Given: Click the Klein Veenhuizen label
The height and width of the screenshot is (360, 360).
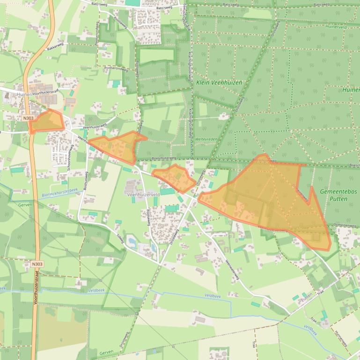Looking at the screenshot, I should click(219, 82).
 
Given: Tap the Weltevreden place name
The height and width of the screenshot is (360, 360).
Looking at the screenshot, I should click(207, 139).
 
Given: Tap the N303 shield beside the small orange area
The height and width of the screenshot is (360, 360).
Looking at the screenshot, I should click(28, 118).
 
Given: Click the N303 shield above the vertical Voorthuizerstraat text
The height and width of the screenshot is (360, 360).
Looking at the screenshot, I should click(37, 264).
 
